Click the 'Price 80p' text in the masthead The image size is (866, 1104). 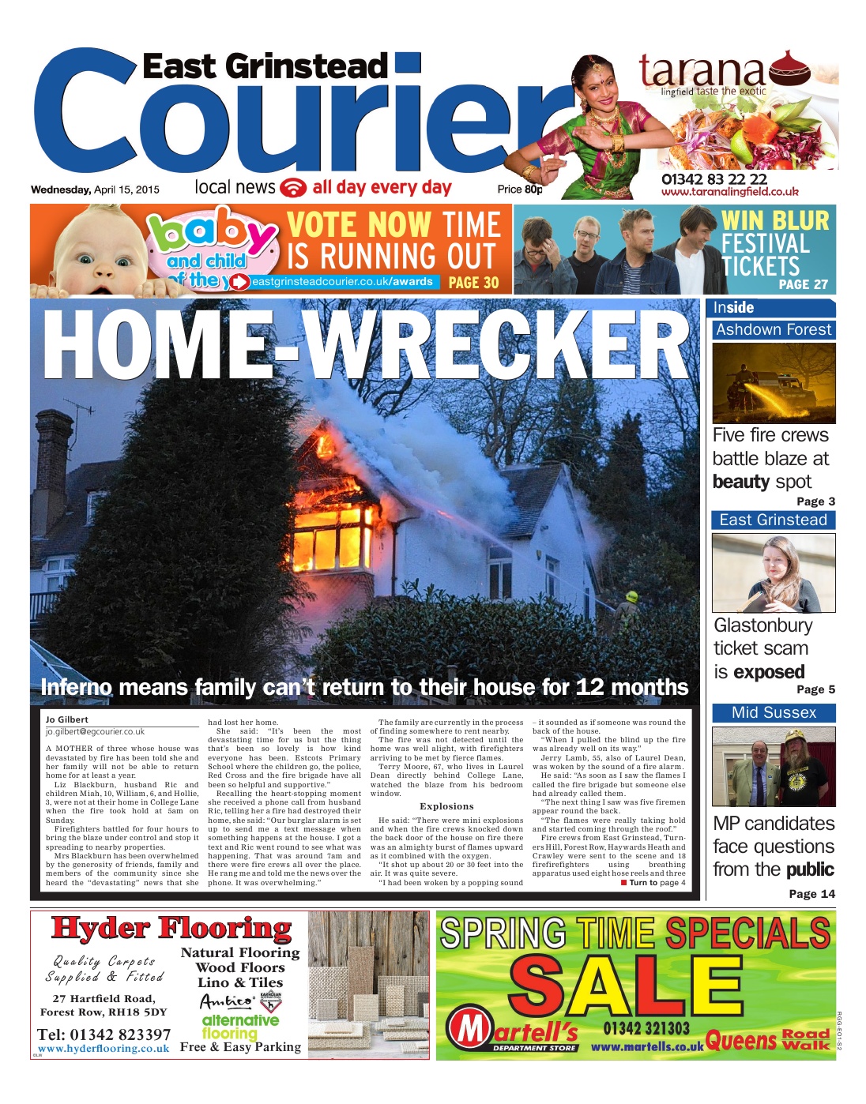click(x=520, y=190)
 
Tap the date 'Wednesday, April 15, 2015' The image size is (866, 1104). click(x=95, y=190)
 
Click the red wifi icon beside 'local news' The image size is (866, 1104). click(x=294, y=188)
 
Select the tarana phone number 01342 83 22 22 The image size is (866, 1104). click(x=714, y=179)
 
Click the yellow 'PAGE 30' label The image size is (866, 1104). click(x=473, y=282)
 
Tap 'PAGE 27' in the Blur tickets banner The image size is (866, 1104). click(x=803, y=284)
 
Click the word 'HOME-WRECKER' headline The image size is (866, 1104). click(x=366, y=345)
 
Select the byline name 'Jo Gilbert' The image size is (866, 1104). click(x=67, y=719)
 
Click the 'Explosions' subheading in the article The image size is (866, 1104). click(x=446, y=806)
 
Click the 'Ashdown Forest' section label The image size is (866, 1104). click(x=774, y=330)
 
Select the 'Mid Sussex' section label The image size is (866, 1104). click(x=774, y=712)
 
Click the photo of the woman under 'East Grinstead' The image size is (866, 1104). click(x=773, y=573)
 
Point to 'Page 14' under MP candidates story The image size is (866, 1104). click(x=811, y=894)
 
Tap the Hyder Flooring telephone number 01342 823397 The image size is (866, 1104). click(x=104, y=1034)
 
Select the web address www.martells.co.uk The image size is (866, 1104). click(x=646, y=1047)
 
